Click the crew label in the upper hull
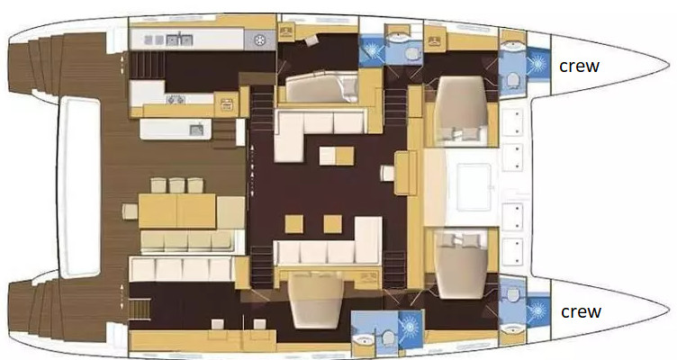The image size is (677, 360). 580,67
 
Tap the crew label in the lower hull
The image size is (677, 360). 581,311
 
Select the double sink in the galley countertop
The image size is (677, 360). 179,40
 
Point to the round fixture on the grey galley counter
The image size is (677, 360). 259,40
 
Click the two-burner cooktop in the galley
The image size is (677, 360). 176,100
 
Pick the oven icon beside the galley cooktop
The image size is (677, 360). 227,104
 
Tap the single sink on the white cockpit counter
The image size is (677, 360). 196,129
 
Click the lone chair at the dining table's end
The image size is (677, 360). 130,211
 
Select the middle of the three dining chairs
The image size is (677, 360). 177,185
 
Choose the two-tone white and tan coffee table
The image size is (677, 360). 337,156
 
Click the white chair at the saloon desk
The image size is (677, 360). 387,173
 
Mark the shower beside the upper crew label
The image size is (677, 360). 537,64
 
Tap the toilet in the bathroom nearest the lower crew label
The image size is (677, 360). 512,295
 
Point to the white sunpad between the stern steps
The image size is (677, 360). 79,186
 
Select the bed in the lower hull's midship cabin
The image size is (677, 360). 317,301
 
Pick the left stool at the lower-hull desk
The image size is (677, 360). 218,324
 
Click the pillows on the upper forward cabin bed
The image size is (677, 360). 462,133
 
